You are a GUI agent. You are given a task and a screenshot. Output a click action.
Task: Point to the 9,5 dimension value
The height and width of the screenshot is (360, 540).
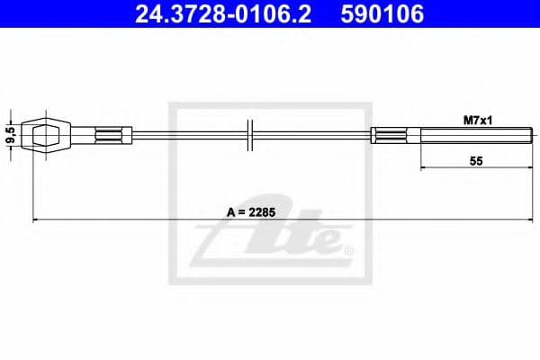(11, 136)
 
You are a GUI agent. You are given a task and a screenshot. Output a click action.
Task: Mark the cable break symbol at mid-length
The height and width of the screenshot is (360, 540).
(251, 135)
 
